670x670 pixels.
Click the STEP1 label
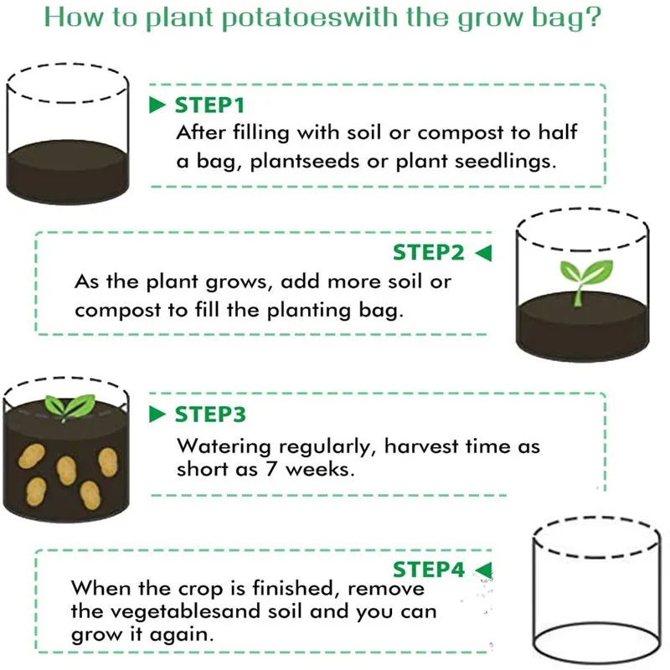[x=209, y=106]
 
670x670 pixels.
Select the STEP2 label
[x=428, y=252]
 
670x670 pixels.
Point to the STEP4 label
[x=428, y=569]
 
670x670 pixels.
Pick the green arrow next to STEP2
[x=483, y=252]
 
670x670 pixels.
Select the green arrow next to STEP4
[x=483, y=570]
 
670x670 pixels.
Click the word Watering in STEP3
[x=220, y=447]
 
